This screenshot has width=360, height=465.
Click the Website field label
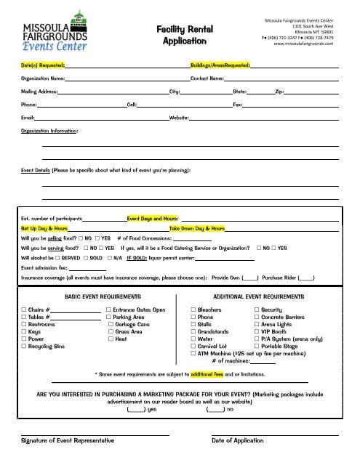179,117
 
